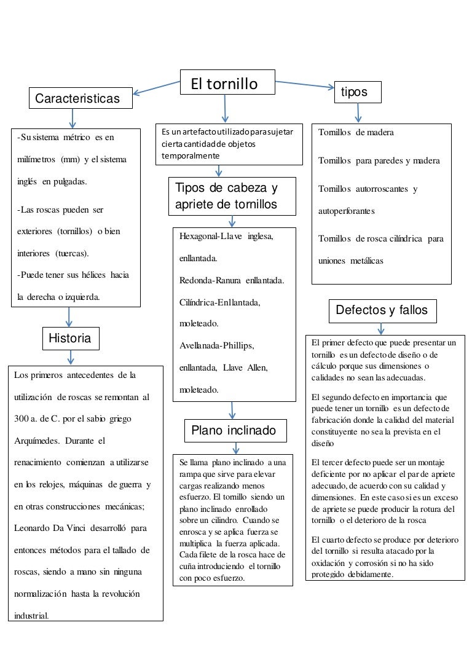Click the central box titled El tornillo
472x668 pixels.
click(227, 82)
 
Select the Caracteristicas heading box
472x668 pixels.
click(81, 98)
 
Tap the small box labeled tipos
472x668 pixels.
click(357, 92)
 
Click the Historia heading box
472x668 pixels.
click(70, 338)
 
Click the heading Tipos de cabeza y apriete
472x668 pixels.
click(226, 196)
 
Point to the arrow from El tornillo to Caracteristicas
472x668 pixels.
click(157, 88)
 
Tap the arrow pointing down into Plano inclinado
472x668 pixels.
click(232, 410)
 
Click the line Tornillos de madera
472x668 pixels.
click(356, 133)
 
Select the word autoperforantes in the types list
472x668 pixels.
click(346, 211)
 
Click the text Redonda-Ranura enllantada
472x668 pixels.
click(231, 280)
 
